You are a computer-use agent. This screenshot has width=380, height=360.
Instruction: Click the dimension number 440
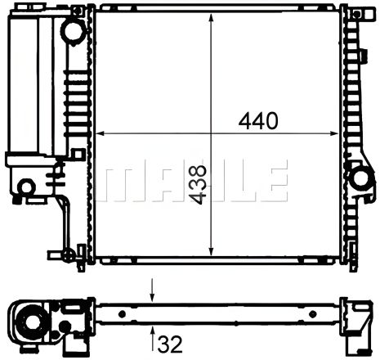(258, 120)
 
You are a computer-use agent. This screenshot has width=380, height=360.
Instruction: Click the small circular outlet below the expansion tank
(27, 186)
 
